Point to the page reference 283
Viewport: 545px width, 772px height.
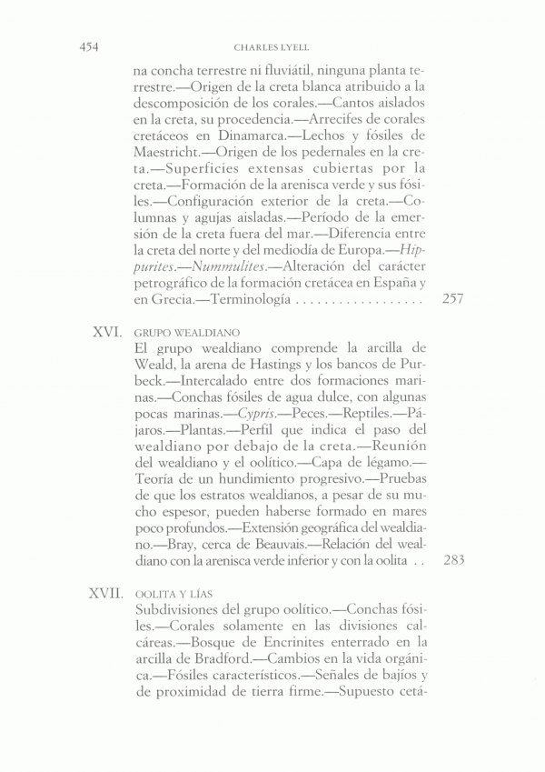(451, 560)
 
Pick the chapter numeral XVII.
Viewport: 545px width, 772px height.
(104, 593)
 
